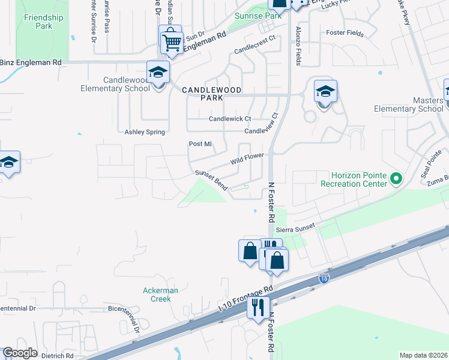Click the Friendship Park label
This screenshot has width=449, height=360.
[43, 22]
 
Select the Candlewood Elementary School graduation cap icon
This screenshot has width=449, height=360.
[158, 72]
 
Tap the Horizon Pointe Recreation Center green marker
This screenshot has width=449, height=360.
[396, 178]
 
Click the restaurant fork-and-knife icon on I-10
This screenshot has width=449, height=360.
[258, 307]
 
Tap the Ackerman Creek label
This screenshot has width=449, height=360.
[160, 295]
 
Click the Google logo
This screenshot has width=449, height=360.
[20, 353]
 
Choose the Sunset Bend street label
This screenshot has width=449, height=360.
[211, 181]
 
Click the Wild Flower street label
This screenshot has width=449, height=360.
[247, 160]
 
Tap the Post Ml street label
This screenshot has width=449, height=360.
[200, 144]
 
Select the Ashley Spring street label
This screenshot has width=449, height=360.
[144, 132]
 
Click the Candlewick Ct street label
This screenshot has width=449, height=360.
[229, 119]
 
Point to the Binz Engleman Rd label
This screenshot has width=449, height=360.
[31, 62]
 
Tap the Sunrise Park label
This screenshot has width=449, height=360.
[258, 16]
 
